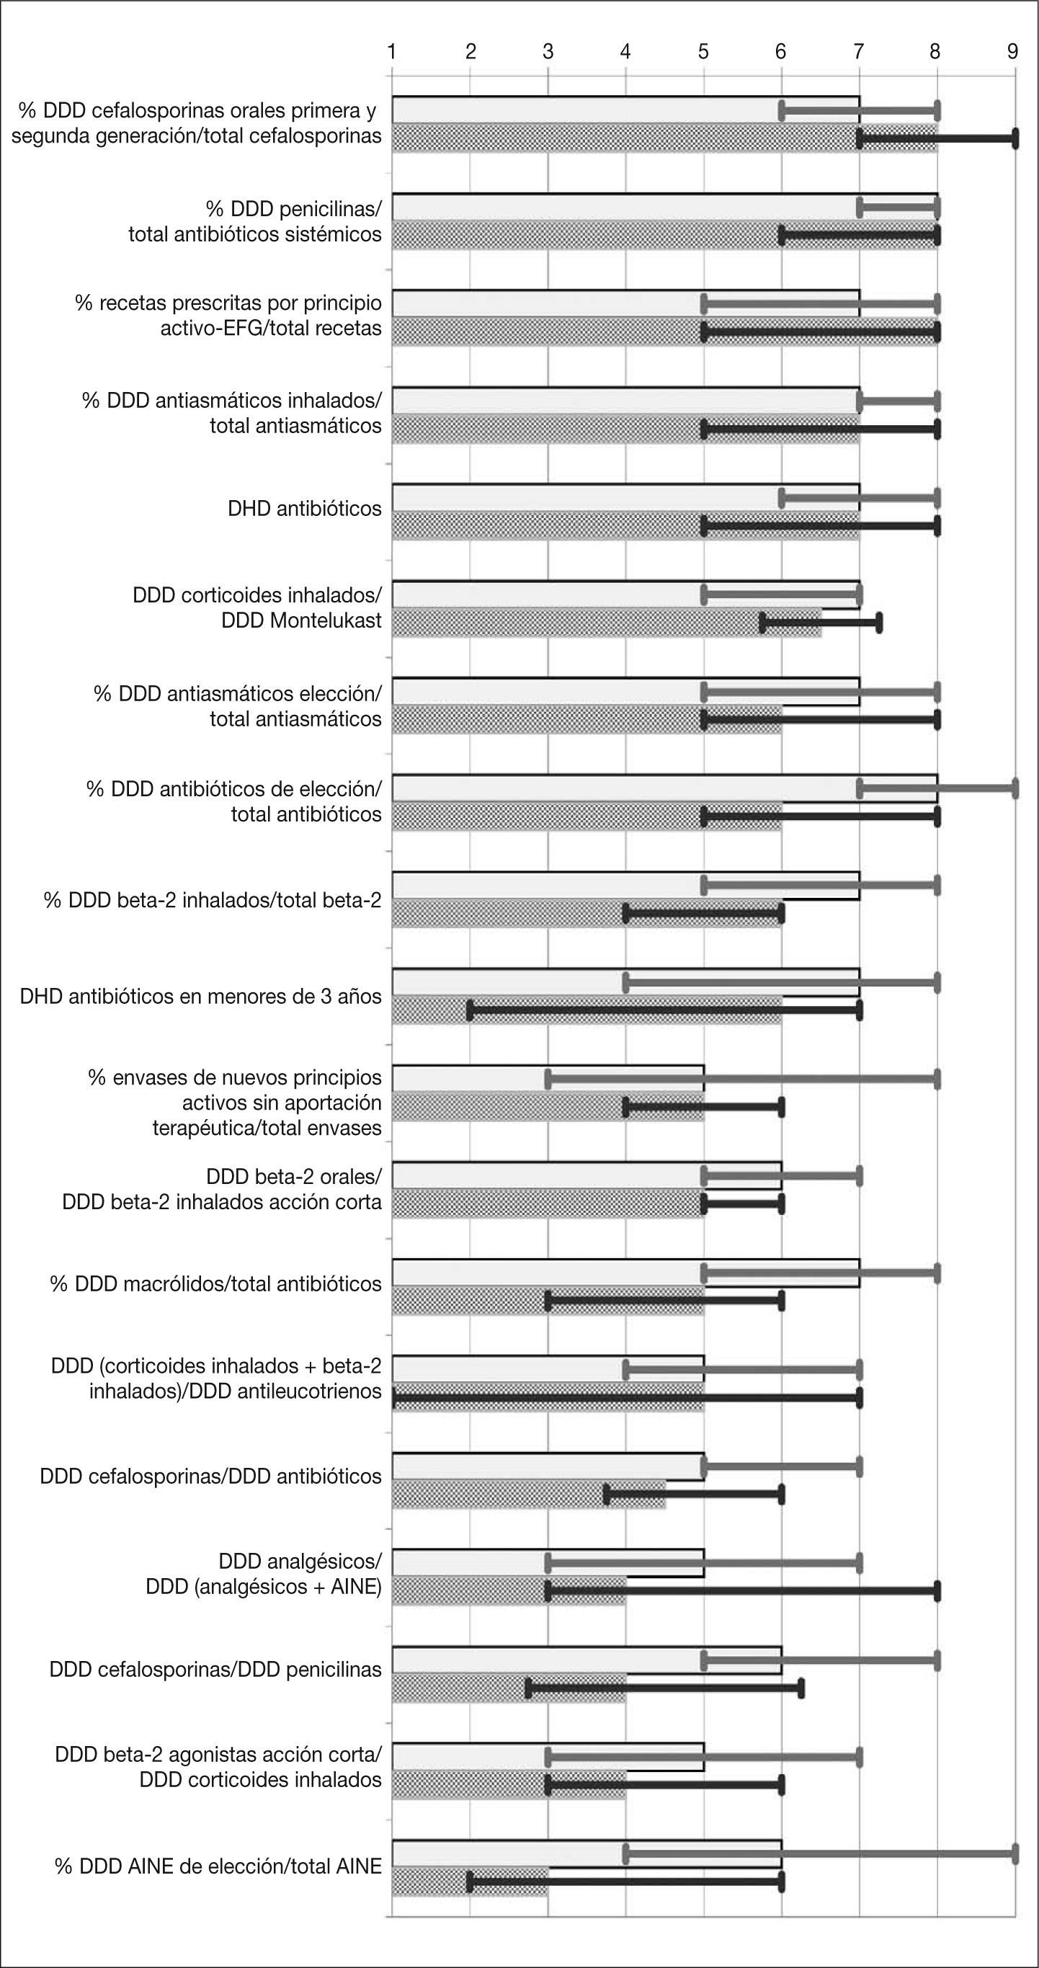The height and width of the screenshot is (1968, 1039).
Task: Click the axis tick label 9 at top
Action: coord(1012,51)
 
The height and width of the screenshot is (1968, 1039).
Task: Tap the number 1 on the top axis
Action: coord(392,51)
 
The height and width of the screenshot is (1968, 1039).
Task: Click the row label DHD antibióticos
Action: coord(304,509)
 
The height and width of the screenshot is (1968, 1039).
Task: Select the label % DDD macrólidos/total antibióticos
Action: coord(215,1283)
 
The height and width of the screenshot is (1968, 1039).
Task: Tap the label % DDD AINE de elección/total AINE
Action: coord(218,1866)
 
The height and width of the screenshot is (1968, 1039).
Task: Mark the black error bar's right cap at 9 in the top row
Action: coord(1015,138)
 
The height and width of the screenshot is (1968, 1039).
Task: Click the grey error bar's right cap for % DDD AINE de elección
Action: coord(1015,1853)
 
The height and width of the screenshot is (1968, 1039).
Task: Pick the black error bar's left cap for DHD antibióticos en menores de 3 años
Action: coord(470,1010)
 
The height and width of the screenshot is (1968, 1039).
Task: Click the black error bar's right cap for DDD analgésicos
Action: coord(937,1591)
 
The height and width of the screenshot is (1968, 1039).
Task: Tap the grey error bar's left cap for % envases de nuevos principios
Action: coord(548,1079)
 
